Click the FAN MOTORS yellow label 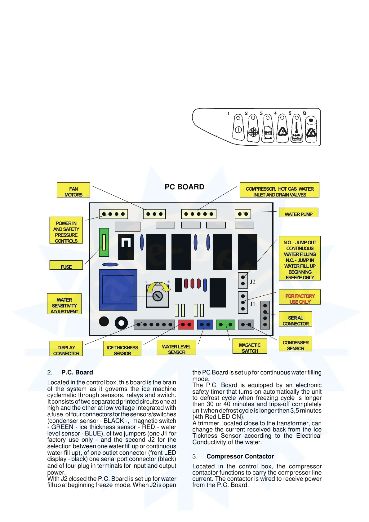click(73, 190)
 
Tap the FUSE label click(66, 265)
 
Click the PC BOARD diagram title click(184, 187)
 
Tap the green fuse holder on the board click(104, 242)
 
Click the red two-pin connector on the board click(186, 325)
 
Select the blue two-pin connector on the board click(205, 325)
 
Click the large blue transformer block click(118, 290)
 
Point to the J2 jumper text click(253, 282)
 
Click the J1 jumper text click(252, 304)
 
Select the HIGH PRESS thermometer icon click(297, 130)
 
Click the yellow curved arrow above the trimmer click(159, 287)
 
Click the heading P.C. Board click(77, 372)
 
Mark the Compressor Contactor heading click(240, 456)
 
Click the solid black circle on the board click(104, 321)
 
